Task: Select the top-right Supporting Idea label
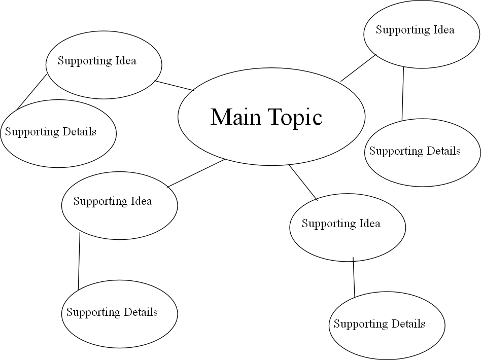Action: pos(415,30)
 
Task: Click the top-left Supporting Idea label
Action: pos(97,61)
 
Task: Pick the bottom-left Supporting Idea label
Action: pos(113,201)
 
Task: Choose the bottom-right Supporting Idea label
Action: pos(341,224)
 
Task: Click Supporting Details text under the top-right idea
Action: pos(415,151)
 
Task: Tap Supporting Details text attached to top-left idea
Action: pos(51,132)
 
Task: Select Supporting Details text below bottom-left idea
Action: pos(112,312)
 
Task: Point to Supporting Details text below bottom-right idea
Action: pos(379,324)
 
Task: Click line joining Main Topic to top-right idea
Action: pos(358,68)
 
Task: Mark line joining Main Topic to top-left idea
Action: pos(175,86)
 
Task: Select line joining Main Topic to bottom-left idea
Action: pos(196,173)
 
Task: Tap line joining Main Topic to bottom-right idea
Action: pos(303,183)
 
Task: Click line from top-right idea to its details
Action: pos(403,94)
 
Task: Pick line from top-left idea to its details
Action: pos(31,92)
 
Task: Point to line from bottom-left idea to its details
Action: pos(79,261)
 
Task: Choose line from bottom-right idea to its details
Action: pos(354,277)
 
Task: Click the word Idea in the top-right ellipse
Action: pos(443,30)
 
